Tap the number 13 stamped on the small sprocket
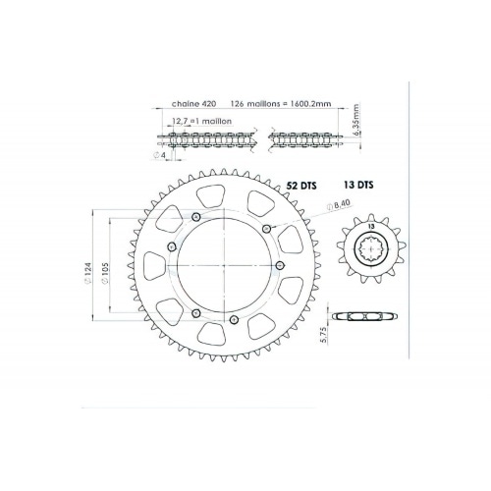pyautogui.click(x=370, y=229)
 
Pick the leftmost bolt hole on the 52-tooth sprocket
pyautogui.click(x=172, y=245)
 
